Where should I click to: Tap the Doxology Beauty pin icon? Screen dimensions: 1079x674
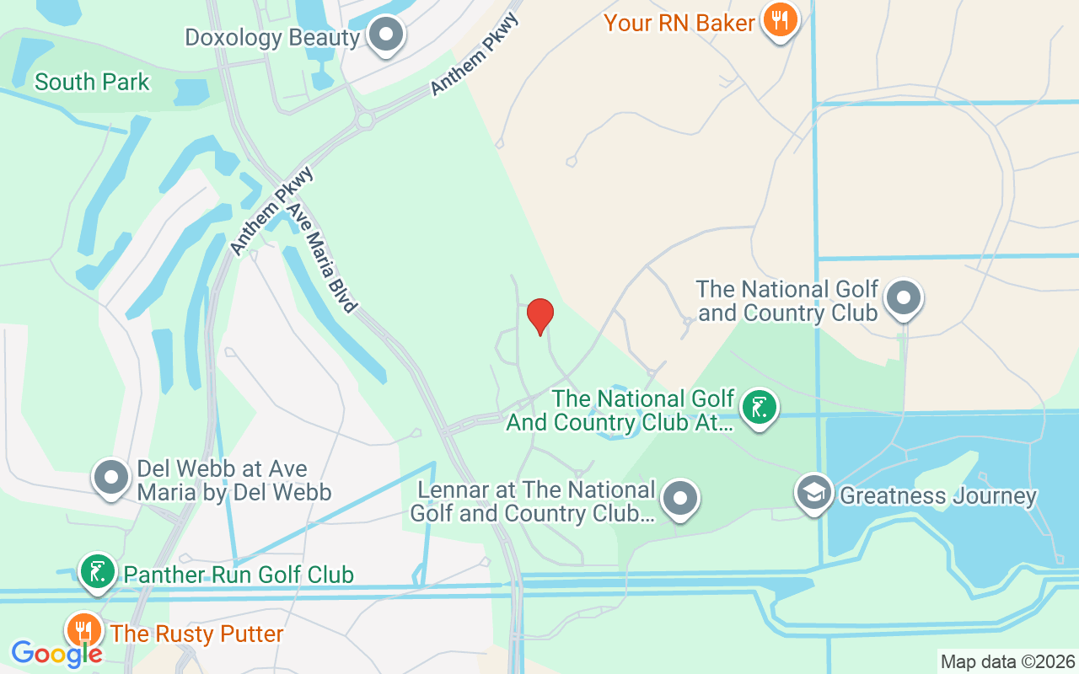coord(388,35)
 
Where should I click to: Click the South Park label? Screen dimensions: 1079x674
coord(92,82)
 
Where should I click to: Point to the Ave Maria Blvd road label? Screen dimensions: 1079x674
coord(321,258)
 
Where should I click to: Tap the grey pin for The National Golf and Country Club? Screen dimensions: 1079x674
coord(905,297)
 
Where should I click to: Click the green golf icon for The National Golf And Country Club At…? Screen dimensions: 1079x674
coord(759,409)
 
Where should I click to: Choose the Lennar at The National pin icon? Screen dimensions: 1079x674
coord(680,499)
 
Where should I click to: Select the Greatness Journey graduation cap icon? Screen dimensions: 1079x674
coord(814,494)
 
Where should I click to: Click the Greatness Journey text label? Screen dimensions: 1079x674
coord(938,495)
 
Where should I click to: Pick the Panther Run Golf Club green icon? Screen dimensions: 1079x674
coord(98,572)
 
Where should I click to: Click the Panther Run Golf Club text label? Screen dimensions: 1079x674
coord(239,575)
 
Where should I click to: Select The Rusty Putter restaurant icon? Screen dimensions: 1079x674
coord(83,630)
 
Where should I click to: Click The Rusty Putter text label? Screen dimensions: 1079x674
coord(196,634)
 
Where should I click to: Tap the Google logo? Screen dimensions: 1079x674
coord(56,654)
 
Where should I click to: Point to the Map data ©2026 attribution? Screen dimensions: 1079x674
coord(1007,661)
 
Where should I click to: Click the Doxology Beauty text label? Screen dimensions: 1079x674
coord(272,38)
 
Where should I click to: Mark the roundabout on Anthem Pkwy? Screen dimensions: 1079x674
coord(365,120)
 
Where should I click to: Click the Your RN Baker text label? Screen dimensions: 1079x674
coord(679,23)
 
